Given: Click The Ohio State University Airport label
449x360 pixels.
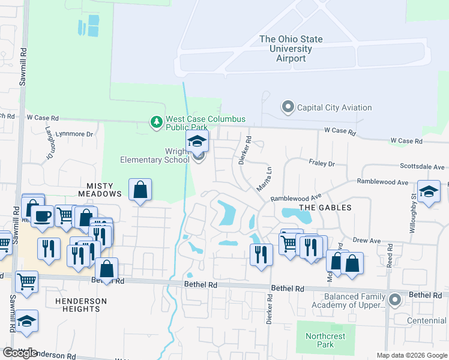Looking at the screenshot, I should click(291, 49).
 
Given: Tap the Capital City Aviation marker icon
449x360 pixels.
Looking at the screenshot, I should click(288, 107).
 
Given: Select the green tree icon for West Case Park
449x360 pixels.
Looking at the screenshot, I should click(157, 122).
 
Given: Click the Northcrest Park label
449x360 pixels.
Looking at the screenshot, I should click(325, 340).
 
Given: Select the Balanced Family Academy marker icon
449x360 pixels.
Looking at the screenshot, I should click(394, 299).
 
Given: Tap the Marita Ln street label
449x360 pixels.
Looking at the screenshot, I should click(264, 179).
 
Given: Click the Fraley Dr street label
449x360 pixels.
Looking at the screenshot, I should click(322, 163).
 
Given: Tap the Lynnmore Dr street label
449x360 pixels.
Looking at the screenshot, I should click(74, 134).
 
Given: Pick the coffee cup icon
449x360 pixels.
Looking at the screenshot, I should click(41, 217).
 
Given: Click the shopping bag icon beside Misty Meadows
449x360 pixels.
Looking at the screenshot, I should click(140, 190).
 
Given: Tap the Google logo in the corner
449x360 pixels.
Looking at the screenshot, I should click(20, 353).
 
